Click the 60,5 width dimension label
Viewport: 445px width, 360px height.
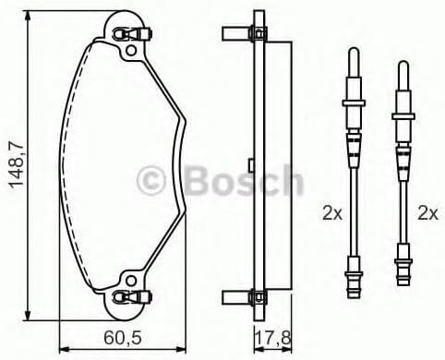[x=123, y=338]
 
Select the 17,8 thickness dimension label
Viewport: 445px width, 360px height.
[x=272, y=338]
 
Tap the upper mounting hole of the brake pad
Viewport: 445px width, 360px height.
[x=131, y=50]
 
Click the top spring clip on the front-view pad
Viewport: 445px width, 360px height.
[x=132, y=33]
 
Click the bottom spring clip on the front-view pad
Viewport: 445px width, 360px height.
[x=132, y=296]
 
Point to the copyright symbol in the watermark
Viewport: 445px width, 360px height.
[x=151, y=181]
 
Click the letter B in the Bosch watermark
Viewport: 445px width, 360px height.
[x=198, y=181]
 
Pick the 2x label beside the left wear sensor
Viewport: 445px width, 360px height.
[x=332, y=213]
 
